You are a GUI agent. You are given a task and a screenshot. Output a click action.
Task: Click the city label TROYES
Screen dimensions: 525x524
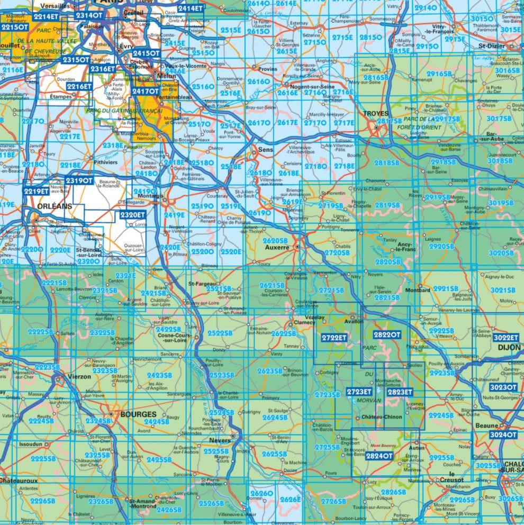coord(375,114)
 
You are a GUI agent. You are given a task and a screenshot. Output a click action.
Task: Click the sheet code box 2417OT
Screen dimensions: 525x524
coord(146,91)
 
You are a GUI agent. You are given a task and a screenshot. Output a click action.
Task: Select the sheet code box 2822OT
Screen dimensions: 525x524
coord(387,334)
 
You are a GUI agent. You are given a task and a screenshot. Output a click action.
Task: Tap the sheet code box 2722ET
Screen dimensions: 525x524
coord(334,337)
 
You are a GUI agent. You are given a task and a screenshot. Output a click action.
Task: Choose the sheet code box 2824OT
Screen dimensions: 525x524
coord(380,456)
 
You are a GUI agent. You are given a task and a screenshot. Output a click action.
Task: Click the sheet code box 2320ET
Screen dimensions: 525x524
coord(131,215)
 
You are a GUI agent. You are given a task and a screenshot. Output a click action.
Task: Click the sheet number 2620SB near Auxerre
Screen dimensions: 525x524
coord(275,240)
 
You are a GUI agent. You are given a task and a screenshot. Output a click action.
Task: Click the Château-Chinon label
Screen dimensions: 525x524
coord(382,417)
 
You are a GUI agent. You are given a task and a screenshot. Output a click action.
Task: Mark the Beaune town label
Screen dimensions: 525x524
coord(487,426)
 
